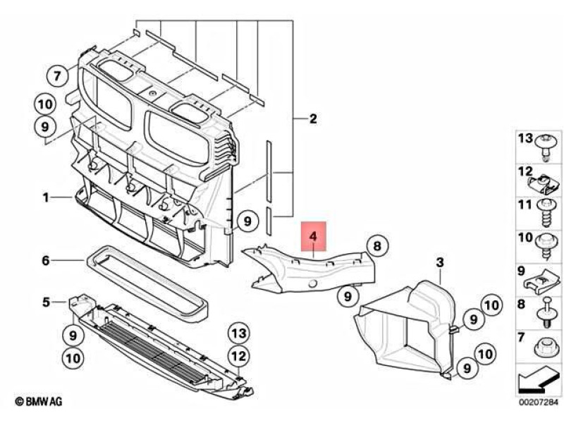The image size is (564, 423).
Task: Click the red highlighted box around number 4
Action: pos(313,237)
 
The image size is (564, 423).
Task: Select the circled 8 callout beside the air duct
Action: pos(376,246)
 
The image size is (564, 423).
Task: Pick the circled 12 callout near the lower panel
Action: pos(238,355)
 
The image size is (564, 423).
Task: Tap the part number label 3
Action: pos(439,262)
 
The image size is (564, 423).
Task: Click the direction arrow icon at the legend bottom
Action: pos(534,381)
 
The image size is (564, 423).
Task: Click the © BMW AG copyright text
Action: pos(38,401)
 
